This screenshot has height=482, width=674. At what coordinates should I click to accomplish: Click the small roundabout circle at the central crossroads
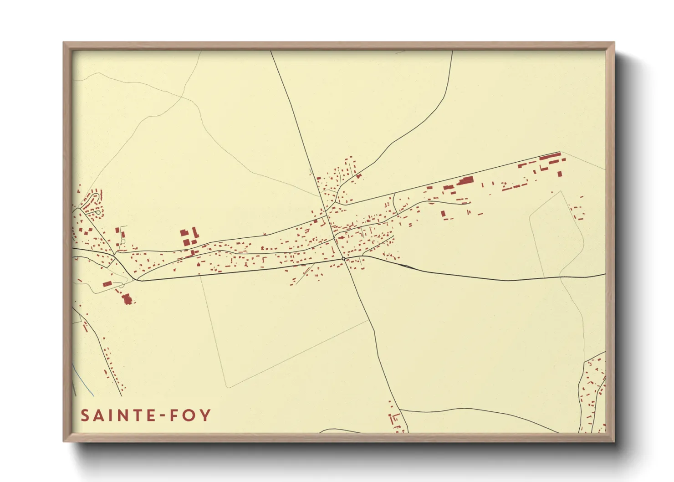click(x=343, y=258)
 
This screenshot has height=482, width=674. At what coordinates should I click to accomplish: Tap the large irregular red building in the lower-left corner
click(x=127, y=299)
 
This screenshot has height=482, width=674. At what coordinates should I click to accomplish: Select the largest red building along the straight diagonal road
click(x=465, y=181)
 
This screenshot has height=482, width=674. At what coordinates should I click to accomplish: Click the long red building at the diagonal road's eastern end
click(x=550, y=157)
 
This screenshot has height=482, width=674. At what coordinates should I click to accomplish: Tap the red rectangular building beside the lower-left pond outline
click(x=107, y=284)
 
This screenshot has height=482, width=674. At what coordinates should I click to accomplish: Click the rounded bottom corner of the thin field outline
click(x=228, y=387)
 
